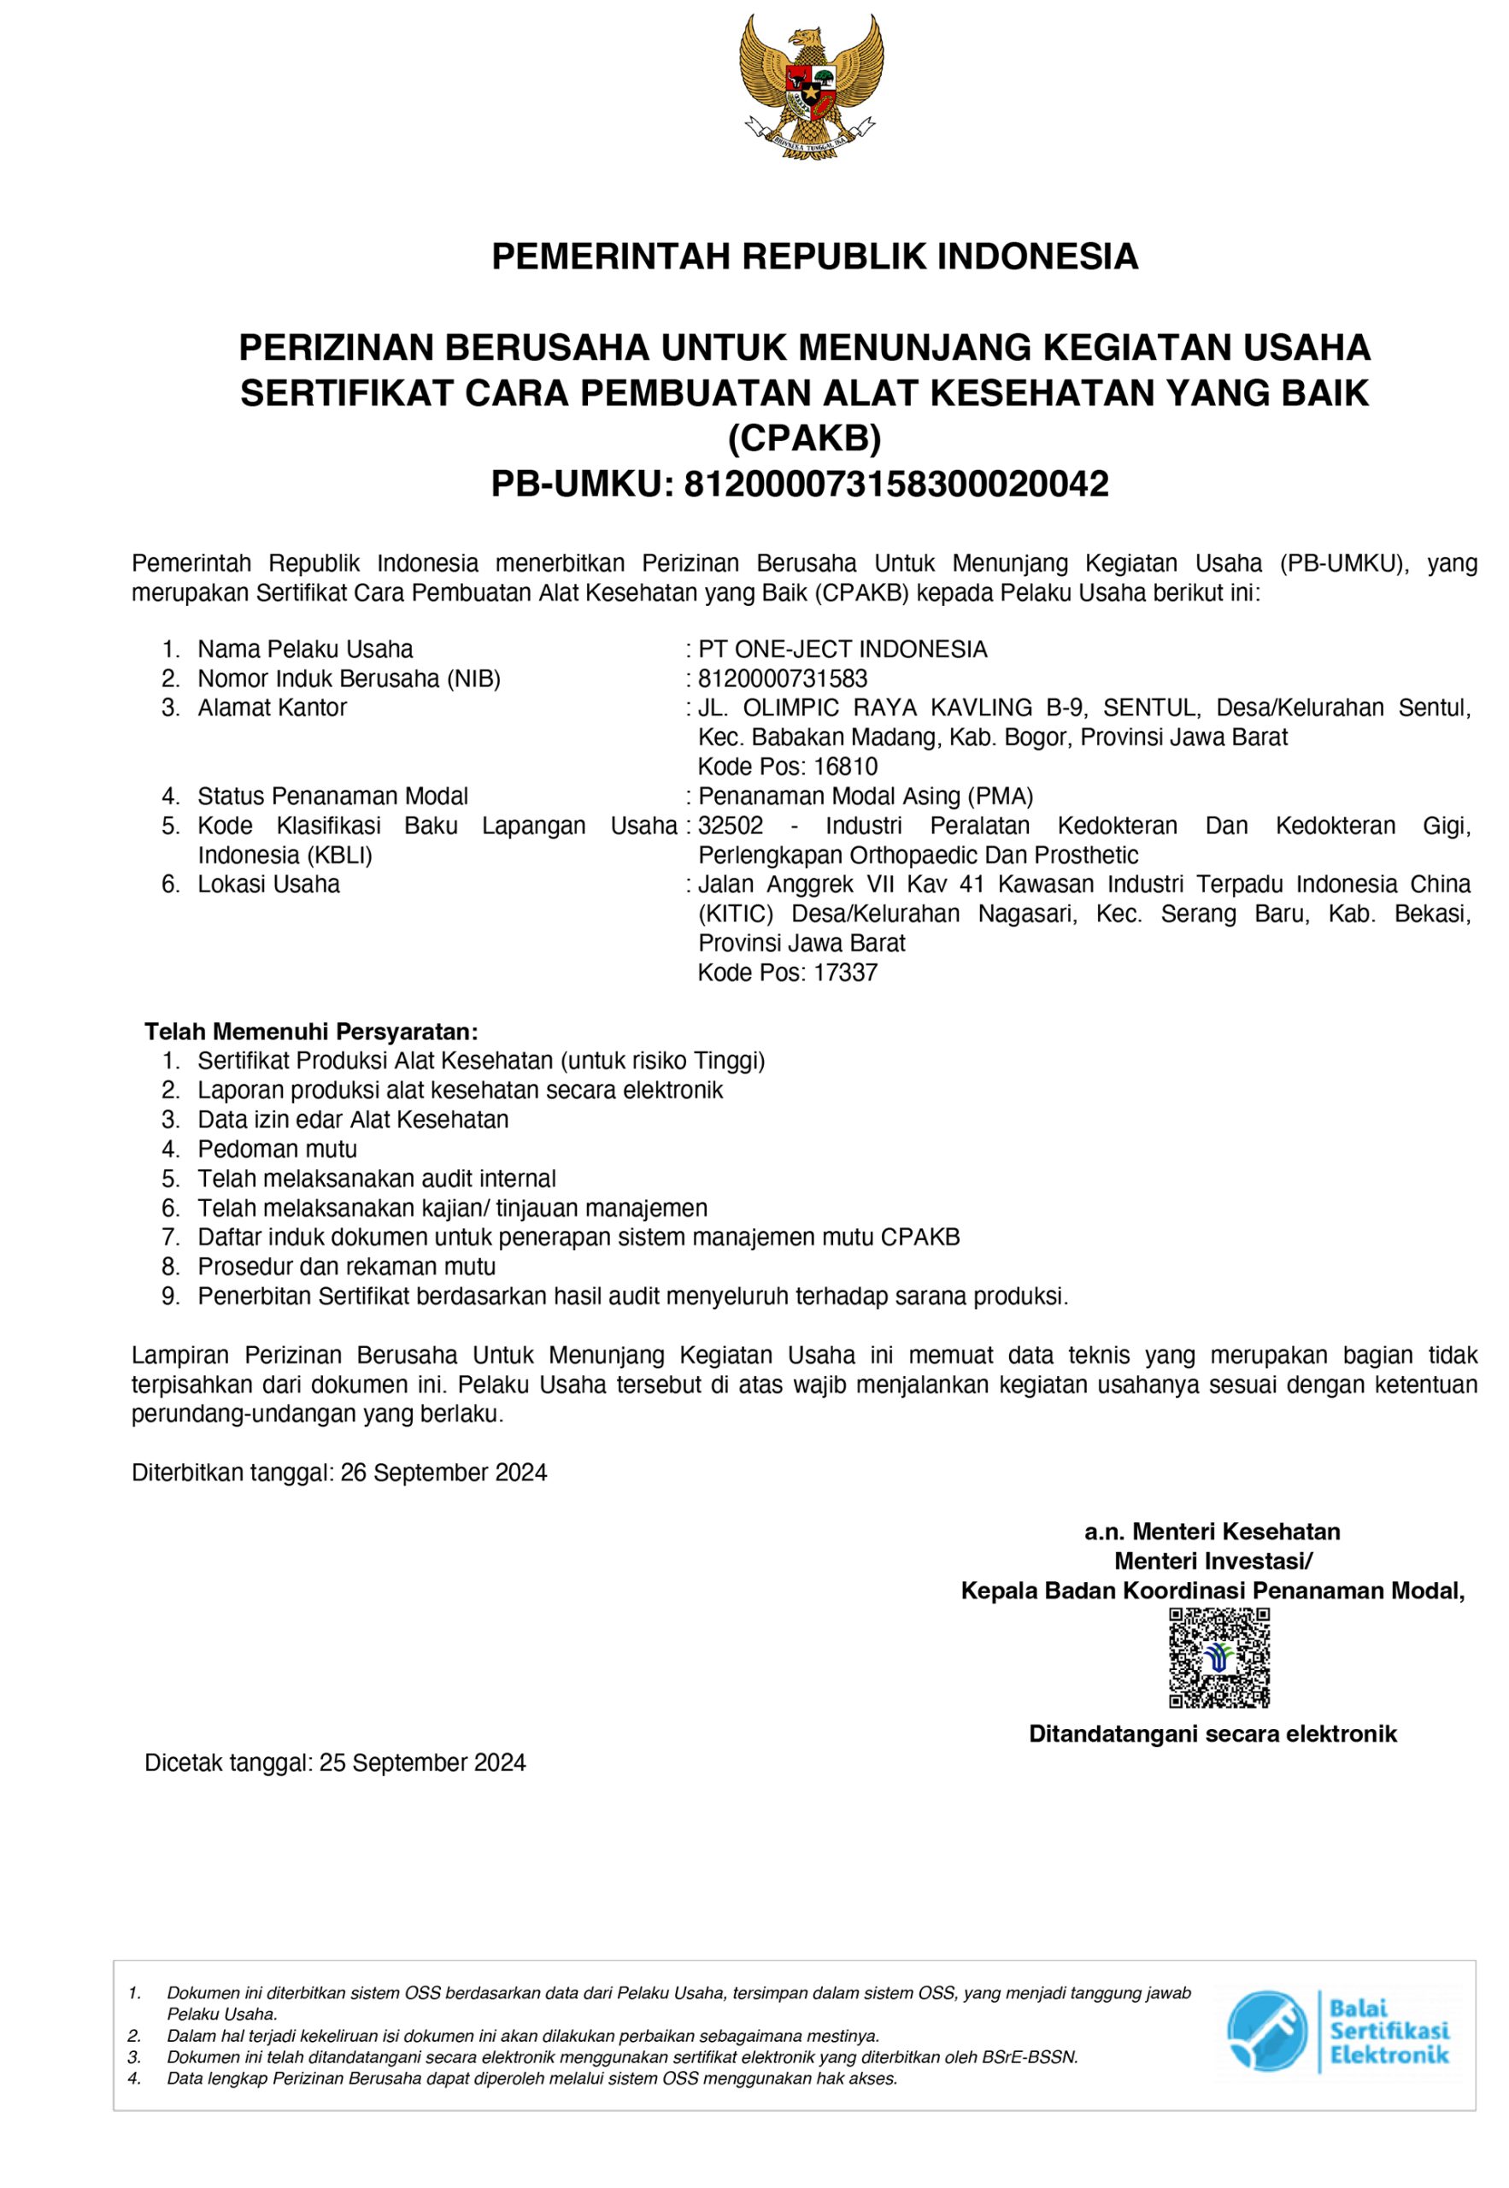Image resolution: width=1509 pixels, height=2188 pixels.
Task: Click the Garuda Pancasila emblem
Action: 812,87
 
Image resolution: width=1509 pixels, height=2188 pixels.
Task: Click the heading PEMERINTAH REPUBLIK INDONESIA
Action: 814,257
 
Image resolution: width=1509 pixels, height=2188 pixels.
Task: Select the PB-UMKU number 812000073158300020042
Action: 895,485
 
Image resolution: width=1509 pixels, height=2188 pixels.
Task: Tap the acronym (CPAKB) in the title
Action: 805,438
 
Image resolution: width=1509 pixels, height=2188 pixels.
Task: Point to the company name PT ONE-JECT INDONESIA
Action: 843,650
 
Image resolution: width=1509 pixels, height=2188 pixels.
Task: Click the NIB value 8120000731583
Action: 782,679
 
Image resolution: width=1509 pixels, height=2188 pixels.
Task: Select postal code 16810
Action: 845,767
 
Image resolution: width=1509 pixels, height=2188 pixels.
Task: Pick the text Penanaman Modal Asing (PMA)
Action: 865,797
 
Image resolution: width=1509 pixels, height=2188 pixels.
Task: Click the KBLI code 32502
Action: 730,826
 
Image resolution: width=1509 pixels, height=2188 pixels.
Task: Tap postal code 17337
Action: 845,972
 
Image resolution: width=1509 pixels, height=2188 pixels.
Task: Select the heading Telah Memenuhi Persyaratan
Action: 311,1031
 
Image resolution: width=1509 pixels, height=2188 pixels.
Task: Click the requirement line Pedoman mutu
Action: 277,1149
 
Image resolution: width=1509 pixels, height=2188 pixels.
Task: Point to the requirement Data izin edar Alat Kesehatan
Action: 353,1120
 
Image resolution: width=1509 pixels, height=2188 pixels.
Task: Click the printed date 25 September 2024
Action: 423,1762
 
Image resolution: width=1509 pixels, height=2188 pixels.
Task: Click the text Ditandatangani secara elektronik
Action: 1212,1734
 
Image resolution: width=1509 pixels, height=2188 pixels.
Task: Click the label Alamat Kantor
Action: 273,709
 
